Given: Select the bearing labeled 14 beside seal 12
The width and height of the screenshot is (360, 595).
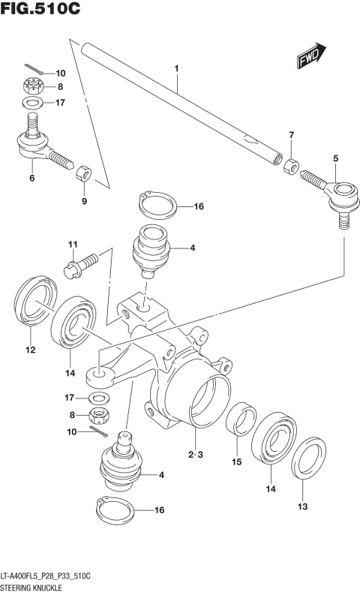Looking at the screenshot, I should (x=72, y=323).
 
